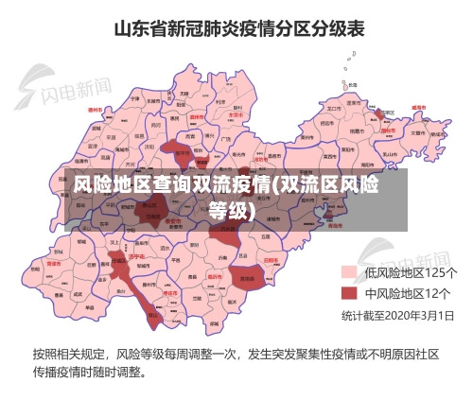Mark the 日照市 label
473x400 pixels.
[x=272, y=258]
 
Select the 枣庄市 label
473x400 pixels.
[x=171, y=294]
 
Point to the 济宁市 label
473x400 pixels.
[x=135, y=256]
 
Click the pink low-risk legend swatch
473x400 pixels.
[x=349, y=272]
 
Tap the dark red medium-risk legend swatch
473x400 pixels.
[x=349, y=292]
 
